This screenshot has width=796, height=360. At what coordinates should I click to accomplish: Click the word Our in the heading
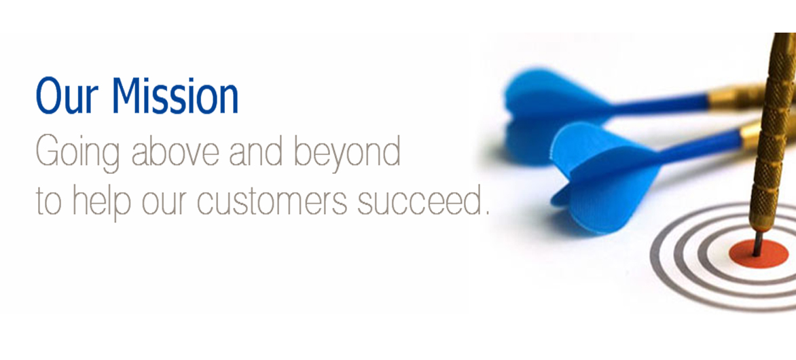tap(68, 96)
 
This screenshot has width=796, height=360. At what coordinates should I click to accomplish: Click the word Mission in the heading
tap(175, 96)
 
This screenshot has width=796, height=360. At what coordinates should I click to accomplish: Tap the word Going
tap(77, 153)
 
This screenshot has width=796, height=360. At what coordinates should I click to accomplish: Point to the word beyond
tap(348, 153)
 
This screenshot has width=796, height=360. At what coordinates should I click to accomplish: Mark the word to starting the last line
tap(49, 202)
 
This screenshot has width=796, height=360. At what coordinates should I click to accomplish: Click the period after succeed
tap(486, 212)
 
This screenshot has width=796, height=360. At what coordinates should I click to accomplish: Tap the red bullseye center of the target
tap(759, 253)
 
